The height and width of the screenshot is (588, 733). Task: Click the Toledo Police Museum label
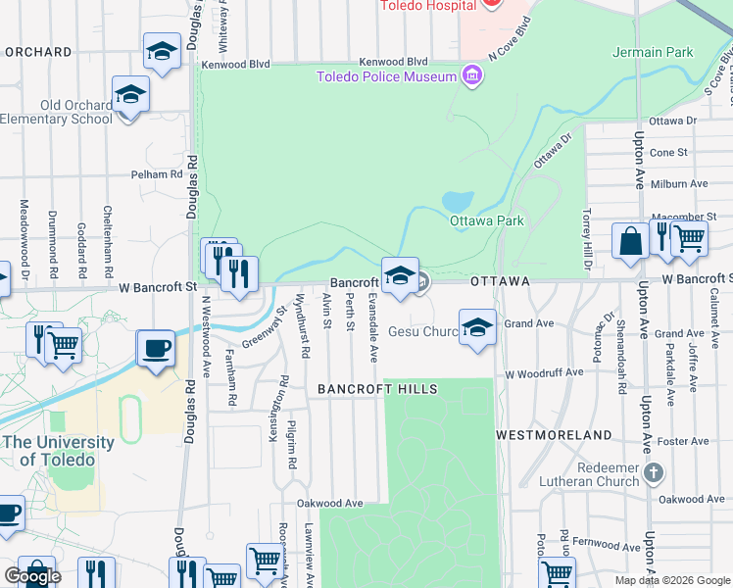click(x=386, y=76)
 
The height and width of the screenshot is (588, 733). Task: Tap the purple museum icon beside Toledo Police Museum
click(x=473, y=75)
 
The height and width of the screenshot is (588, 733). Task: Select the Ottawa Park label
click(x=487, y=220)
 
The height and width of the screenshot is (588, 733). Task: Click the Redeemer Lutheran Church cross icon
click(x=656, y=474)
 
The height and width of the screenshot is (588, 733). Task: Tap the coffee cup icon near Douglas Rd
click(x=156, y=348)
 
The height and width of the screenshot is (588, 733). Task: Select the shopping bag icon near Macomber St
click(x=629, y=240)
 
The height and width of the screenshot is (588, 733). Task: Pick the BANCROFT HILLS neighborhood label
click(x=377, y=389)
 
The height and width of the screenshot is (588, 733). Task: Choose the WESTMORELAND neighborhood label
click(x=554, y=434)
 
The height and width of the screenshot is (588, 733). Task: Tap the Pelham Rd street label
click(x=158, y=174)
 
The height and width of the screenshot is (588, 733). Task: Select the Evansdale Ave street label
click(x=372, y=326)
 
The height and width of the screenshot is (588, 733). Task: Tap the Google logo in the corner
click(x=32, y=576)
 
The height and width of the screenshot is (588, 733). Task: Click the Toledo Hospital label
click(x=429, y=4)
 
